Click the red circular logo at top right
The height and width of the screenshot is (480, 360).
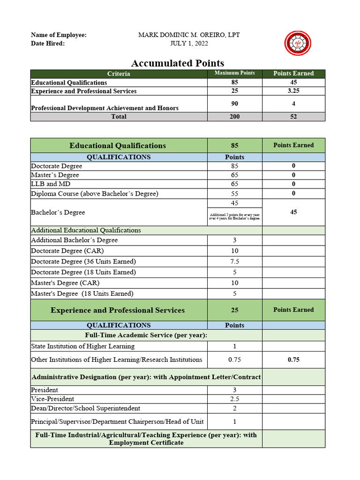pos(298,43)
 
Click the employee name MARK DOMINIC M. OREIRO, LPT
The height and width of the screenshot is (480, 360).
pos(189,35)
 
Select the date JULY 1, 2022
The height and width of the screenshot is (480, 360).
pos(189,44)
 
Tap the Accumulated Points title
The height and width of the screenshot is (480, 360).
pos(177,63)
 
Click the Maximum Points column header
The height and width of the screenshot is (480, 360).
pos(234,73)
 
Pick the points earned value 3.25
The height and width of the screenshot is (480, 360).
pos(293,91)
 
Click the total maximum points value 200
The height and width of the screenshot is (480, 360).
pos(234,117)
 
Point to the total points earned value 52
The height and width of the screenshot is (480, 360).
pos(293,117)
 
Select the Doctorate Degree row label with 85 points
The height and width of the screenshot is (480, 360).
pos(57,166)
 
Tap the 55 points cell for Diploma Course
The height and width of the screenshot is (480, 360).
pos(234,194)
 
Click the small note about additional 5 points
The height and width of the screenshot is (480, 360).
pos(234,217)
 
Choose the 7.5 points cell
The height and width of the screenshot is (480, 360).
pos(234,262)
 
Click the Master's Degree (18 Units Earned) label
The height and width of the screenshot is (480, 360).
pos(82,294)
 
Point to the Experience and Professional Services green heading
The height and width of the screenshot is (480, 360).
pos(118,310)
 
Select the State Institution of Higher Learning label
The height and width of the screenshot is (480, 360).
pos(82,346)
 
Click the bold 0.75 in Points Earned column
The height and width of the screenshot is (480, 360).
pos(293,360)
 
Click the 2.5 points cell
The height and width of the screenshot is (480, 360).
pos(234,399)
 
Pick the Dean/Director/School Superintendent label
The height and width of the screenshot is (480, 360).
pos(85,408)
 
